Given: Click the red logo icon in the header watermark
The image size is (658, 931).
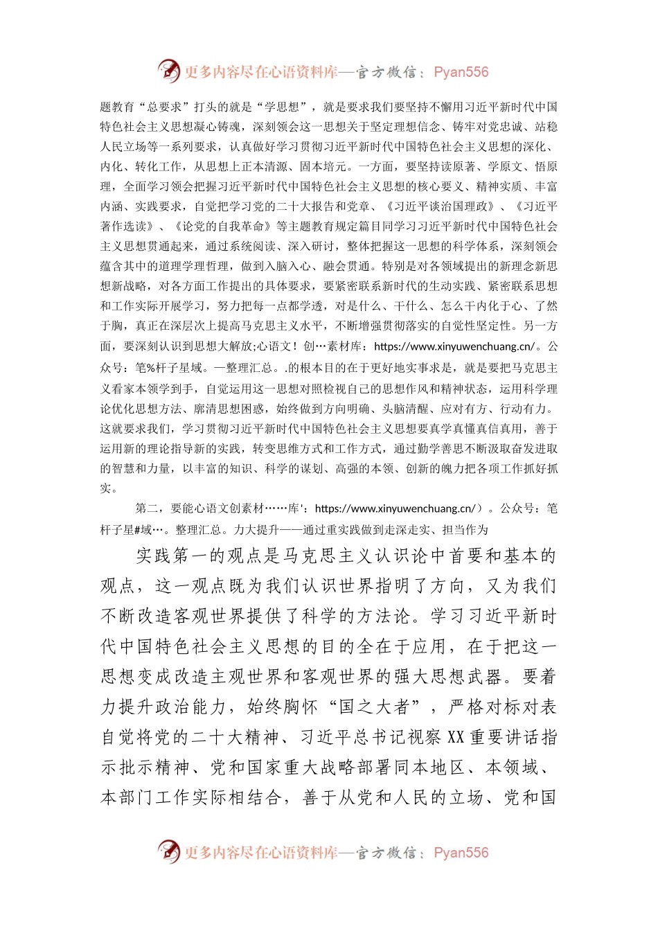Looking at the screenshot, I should [x=168, y=71].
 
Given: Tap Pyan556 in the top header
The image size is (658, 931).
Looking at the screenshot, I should [x=461, y=72].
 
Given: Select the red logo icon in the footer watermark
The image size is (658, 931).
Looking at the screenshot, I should [x=168, y=852].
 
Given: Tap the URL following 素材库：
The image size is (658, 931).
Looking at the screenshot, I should [x=454, y=346].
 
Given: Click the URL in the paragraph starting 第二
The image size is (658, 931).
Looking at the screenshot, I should [x=395, y=508].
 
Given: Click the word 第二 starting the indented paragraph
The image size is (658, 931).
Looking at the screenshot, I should [x=147, y=508].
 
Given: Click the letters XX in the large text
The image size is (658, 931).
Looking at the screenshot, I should [x=455, y=737].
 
